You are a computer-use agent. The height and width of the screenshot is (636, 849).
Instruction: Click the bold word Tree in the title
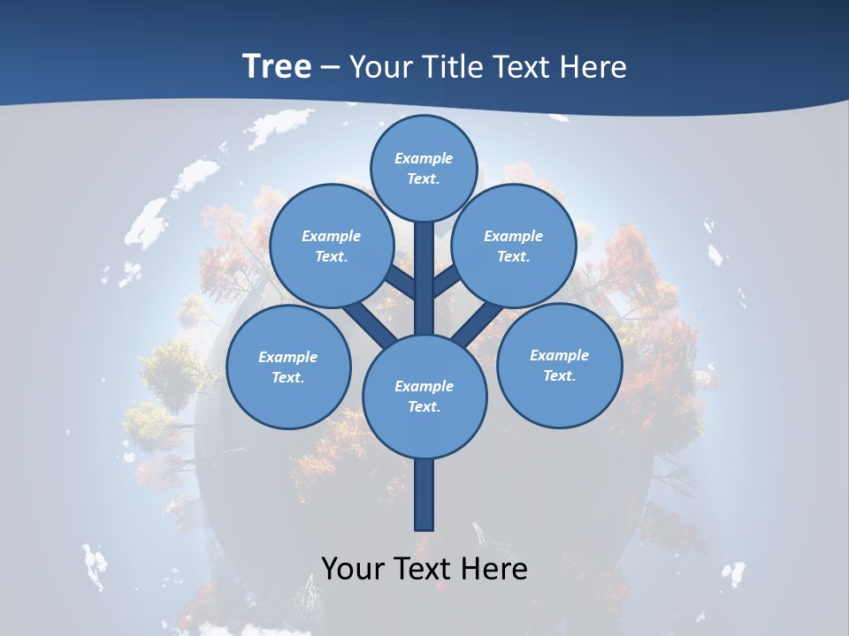(x=277, y=66)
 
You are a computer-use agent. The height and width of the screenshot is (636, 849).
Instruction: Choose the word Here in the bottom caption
(x=494, y=569)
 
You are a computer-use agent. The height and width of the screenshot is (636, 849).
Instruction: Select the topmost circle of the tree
(x=424, y=168)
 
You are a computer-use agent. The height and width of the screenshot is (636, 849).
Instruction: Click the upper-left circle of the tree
(x=332, y=246)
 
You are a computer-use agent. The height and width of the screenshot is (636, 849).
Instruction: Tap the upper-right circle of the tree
(x=514, y=246)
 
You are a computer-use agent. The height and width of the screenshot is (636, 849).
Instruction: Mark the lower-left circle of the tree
(x=288, y=367)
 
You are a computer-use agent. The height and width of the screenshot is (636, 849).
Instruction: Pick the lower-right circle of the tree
(x=559, y=365)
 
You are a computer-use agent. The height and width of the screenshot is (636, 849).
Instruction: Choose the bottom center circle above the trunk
(x=424, y=396)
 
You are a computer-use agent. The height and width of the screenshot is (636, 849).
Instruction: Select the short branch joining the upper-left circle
(x=400, y=284)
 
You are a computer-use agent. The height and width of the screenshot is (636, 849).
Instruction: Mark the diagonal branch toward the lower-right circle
(x=478, y=322)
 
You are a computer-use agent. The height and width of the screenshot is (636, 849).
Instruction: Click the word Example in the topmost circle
(x=424, y=159)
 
